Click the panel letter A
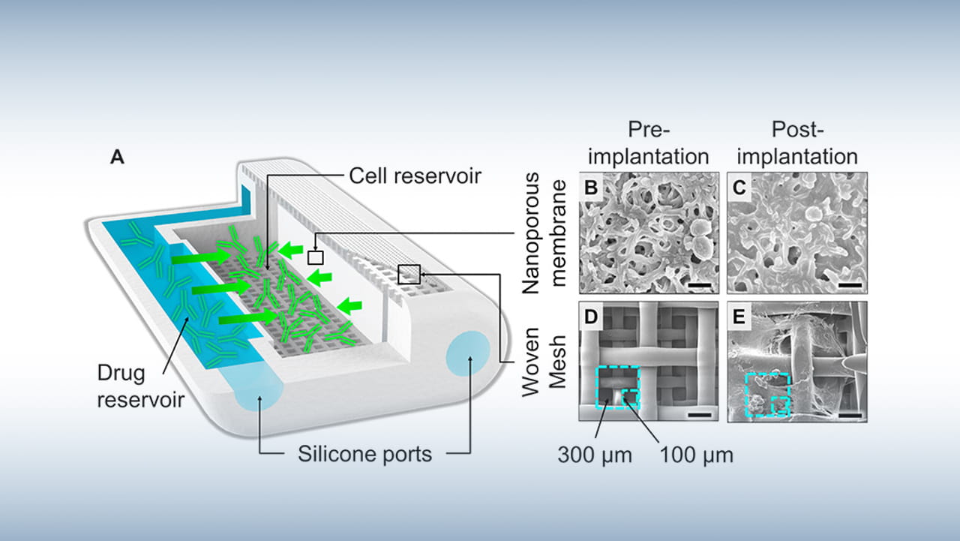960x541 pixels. (117, 158)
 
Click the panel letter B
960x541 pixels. (592, 188)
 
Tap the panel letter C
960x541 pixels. (739, 188)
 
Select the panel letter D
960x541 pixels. (591, 317)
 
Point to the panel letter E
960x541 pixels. (739, 317)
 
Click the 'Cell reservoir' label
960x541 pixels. (415, 176)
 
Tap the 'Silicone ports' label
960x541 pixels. (364, 454)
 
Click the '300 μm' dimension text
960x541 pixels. (595, 455)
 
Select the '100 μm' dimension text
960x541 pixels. (697, 455)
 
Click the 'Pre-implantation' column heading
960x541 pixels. (649, 143)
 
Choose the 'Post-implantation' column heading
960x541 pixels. (797, 143)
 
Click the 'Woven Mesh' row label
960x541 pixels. (544, 362)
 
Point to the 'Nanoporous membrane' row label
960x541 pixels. (544, 233)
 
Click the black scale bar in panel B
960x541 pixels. (700, 285)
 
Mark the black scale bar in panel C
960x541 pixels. (850, 285)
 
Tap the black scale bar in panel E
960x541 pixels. (850, 416)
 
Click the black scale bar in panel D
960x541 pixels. (700, 414)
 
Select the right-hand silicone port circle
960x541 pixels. (468, 353)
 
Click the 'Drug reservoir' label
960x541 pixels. (140, 386)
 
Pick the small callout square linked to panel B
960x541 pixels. (316, 257)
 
